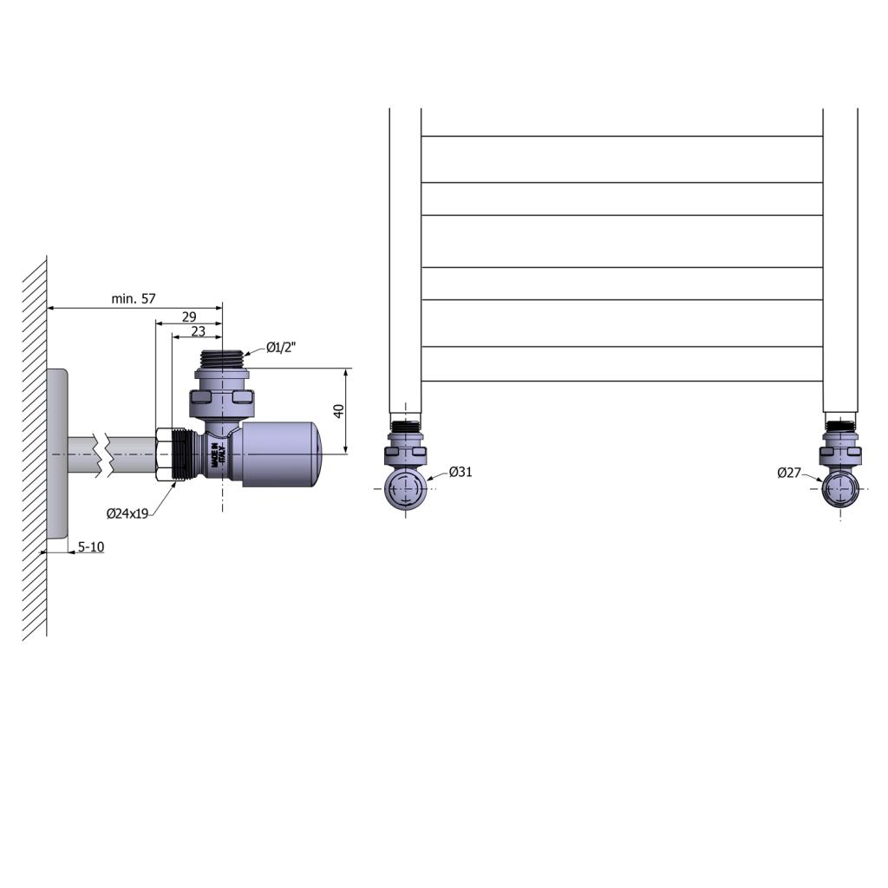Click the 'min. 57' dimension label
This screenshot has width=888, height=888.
click(x=133, y=298)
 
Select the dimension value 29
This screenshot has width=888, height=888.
click(x=189, y=317)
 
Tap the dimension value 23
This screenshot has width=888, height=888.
click(x=199, y=331)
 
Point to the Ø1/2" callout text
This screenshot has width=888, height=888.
click(x=281, y=347)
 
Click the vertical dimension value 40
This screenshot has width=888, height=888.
click(x=339, y=410)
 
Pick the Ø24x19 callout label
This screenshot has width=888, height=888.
click(x=127, y=513)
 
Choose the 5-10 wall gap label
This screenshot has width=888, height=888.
click(x=90, y=546)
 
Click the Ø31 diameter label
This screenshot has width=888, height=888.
click(x=460, y=472)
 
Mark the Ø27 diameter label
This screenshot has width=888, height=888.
click(x=789, y=473)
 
